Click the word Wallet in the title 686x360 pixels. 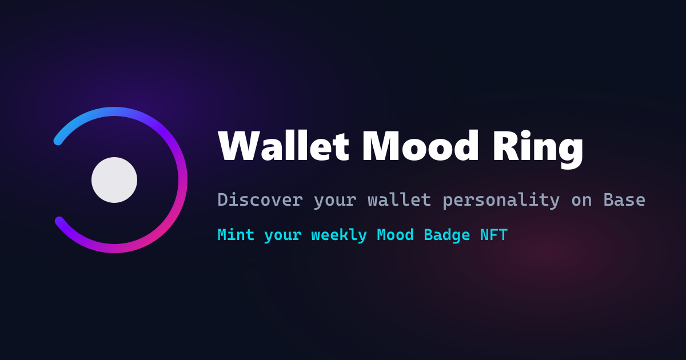284,145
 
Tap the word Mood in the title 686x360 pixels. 420,145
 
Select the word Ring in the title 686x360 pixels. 538,149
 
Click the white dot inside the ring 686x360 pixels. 114,180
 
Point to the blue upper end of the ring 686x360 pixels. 58,141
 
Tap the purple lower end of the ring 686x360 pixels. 59,221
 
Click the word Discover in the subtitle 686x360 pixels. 260,199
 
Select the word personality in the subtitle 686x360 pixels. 501,201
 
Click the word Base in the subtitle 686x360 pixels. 624,199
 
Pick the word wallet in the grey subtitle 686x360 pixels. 400,199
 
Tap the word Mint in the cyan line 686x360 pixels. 236,235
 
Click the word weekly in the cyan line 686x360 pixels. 339,235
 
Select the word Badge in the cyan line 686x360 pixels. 447,235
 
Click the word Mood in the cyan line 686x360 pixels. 396,235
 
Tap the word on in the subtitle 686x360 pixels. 581,201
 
